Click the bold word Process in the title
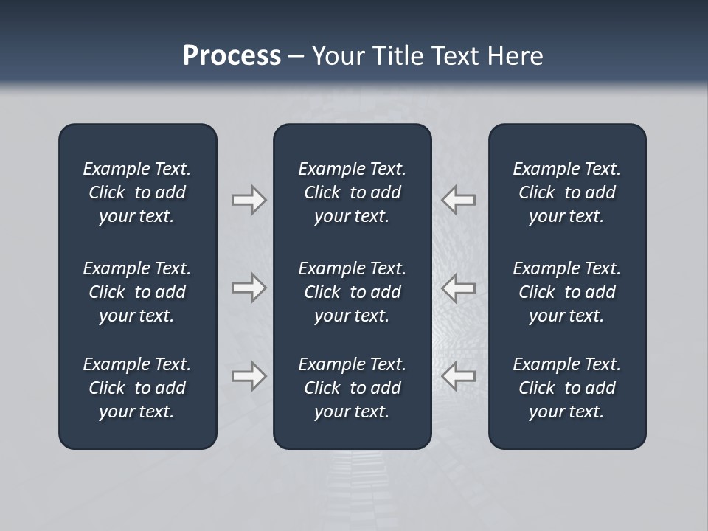tap(232, 56)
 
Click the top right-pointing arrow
tap(249, 199)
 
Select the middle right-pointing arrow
tap(249, 287)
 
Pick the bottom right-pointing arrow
tap(249, 376)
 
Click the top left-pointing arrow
tap(459, 199)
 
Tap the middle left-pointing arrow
tap(459, 287)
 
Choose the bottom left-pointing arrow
tap(459, 376)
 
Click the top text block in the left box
tap(137, 192)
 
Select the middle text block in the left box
tap(137, 292)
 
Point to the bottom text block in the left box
tap(137, 388)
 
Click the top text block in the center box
tap(352, 192)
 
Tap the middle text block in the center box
tap(352, 292)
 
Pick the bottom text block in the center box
tap(352, 388)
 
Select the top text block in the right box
tap(566, 192)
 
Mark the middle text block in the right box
tap(566, 292)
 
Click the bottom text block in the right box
tap(566, 388)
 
